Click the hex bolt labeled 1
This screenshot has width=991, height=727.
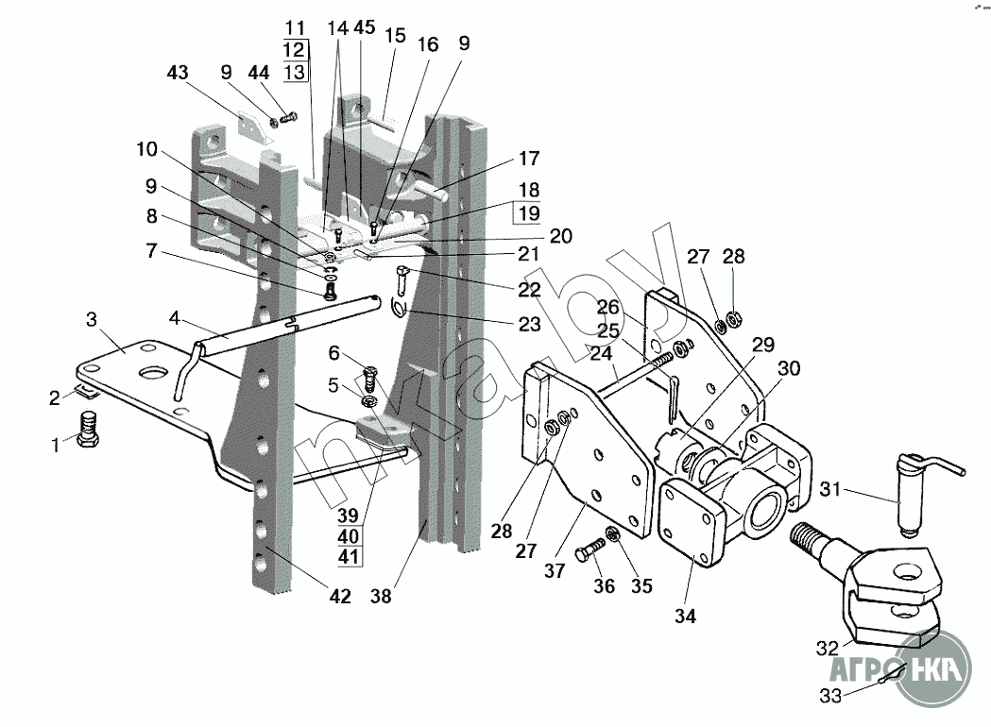[89, 429]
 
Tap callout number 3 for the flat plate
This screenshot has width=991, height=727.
[92, 319]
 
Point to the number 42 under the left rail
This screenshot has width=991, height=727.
[340, 596]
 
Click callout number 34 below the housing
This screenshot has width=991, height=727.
[685, 616]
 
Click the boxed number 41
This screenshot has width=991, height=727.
[348, 556]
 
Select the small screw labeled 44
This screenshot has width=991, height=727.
[289, 117]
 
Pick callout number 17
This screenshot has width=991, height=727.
[529, 158]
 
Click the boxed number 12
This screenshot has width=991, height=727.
[294, 49]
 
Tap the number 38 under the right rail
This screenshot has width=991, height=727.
[381, 596]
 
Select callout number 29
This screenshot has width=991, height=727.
[763, 345]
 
